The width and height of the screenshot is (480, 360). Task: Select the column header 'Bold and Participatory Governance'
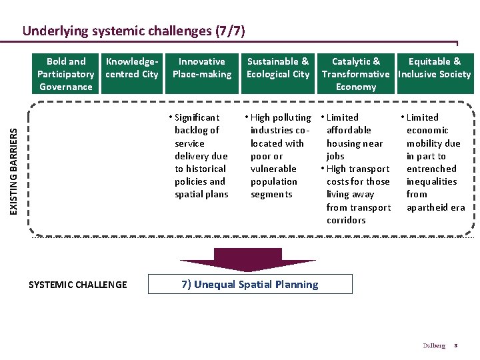65,74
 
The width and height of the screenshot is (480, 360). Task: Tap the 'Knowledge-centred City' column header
132,68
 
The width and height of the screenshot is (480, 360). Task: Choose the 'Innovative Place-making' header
202,68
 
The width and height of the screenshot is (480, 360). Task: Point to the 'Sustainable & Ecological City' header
278,68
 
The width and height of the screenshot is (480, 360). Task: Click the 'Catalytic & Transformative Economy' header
355,74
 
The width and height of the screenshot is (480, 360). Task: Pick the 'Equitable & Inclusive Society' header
434,68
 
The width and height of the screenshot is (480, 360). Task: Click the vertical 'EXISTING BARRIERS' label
15,162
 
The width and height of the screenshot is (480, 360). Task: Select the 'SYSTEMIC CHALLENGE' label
77,285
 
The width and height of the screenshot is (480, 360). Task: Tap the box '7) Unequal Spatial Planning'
249,285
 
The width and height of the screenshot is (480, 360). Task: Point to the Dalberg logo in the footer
433,346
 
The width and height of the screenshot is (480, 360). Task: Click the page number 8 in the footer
456,346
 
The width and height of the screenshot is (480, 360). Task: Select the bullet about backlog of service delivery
201,156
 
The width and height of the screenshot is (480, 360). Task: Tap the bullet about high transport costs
357,194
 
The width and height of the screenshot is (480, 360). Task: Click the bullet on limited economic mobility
434,162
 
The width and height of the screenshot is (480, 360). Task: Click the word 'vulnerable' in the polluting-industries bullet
273,169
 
